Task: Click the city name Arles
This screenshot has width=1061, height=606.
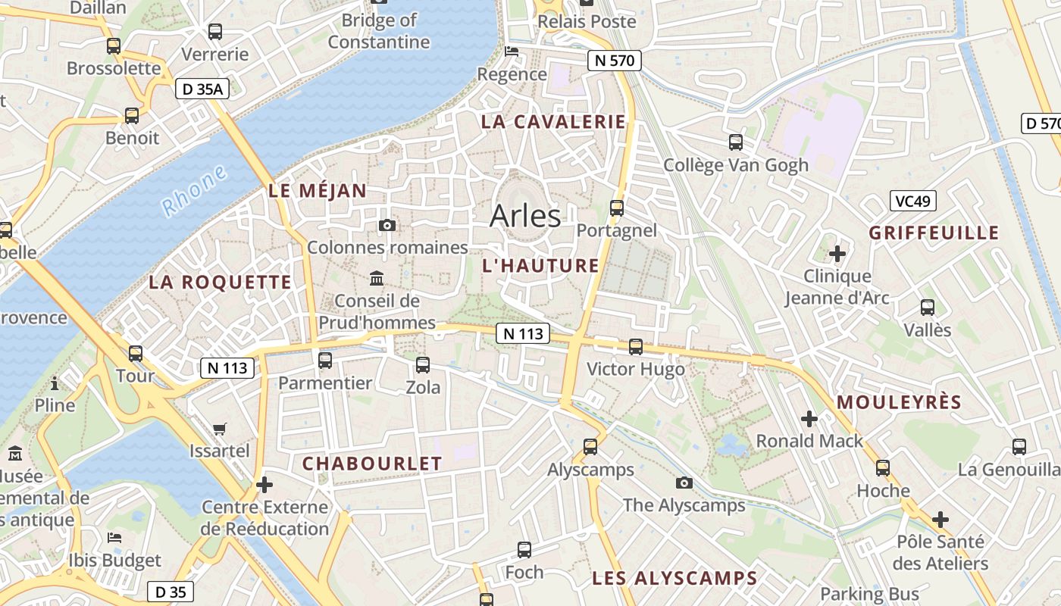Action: (x=525, y=216)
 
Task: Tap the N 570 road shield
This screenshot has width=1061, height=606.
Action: (x=615, y=61)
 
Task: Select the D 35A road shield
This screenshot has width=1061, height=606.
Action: (x=202, y=89)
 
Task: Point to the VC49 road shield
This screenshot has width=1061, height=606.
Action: (x=913, y=201)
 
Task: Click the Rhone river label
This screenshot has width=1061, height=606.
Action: (x=194, y=190)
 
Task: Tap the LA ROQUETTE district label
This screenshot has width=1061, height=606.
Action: (x=220, y=283)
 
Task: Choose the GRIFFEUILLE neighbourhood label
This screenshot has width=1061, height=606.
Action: (x=934, y=233)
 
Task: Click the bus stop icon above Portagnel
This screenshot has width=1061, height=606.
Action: (x=617, y=208)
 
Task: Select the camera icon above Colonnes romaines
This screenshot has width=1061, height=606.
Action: (x=387, y=225)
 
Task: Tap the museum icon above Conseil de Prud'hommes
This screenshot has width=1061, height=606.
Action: (x=377, y=279)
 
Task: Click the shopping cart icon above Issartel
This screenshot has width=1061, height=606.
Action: (x=219, y=430)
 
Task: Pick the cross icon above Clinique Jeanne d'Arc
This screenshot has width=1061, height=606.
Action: (x=837, y=253)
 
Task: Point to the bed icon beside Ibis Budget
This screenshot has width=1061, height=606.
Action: (x=114, y=538)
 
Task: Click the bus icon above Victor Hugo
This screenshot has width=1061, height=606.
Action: (x=636, y=346)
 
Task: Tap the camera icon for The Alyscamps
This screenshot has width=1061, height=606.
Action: (x=684, y=483)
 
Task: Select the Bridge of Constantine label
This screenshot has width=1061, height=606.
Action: (x=379, y=31)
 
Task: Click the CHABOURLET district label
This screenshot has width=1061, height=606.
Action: (x=371, y=464)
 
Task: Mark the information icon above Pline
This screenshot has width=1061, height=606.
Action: (x=55, y=383)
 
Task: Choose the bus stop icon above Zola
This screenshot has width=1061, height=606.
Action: (x=423, y=364)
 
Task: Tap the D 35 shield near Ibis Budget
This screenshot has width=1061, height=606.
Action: (x=170, y=592)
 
